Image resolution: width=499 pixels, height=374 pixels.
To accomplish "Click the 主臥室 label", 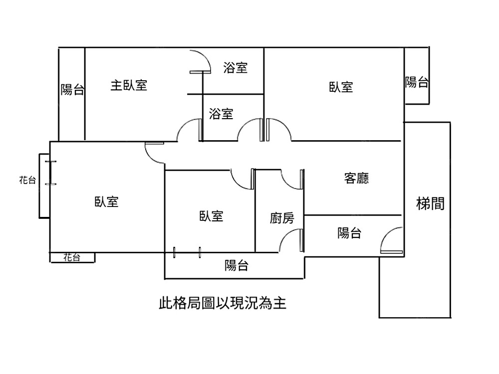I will coord(129,85).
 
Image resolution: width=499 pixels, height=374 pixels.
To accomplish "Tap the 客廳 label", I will coord(356,178).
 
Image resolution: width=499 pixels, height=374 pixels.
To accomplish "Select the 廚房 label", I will coord(282,218).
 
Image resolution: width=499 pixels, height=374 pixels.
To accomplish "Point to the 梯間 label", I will coord(430,203).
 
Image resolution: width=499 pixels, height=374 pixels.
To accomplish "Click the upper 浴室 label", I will coord(236,67).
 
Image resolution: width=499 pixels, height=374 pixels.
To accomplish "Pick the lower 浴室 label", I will coord(221,114).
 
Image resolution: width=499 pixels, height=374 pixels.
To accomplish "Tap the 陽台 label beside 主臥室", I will coord(72,90).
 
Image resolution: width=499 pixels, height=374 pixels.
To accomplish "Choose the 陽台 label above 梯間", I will coord(416,82).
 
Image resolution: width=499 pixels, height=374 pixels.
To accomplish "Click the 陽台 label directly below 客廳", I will coord(350,232).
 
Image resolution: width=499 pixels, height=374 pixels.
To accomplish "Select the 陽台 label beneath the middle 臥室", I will coord(236,265).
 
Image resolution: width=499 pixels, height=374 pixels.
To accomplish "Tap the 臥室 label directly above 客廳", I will coord(341,87).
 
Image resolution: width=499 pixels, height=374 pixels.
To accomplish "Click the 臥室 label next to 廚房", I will coord(211,216).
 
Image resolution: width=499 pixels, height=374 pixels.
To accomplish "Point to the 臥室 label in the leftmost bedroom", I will coord(106,201).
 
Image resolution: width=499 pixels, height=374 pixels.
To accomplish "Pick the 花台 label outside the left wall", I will coord(27,181).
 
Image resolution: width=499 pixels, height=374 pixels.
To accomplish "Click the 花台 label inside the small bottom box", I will coord(72,257).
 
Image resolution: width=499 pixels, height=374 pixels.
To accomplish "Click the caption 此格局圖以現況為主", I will coord(223,303).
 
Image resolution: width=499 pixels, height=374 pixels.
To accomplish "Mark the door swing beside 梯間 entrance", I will coord(391,239).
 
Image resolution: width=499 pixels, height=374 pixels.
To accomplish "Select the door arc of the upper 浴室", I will coord(202,62).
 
